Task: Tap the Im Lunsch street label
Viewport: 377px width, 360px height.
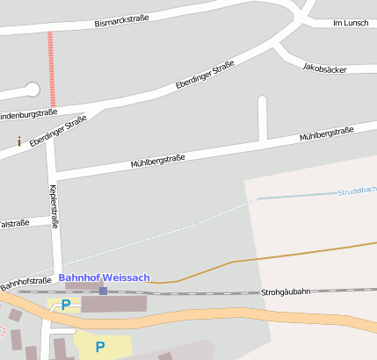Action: (x=351, y=23)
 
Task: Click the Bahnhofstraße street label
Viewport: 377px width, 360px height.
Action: (x=25, y=280)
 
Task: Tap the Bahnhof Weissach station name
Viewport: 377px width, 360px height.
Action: (x=105, y=277)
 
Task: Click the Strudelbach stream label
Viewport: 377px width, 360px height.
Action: (x=357, y=191)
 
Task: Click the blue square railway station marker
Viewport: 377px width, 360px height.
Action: (x=103, y=291)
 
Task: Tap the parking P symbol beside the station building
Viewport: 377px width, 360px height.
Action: (x=65, y=306)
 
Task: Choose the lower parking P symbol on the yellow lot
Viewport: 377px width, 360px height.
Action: (x=99, y=347)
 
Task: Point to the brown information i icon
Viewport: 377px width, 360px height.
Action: (x=19, y=140)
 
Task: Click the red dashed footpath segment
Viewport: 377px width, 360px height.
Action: (x=51, y=68)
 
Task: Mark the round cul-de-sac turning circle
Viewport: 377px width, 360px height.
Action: (x=33, y=89)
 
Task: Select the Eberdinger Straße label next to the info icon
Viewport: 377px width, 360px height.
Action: (x=58, y=131)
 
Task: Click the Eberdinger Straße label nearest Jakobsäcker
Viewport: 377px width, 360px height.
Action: (x=205, y=76)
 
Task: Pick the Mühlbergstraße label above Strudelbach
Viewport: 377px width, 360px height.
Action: (x=326, y=133)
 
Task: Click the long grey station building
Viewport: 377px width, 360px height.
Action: (x=113, y=304)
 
